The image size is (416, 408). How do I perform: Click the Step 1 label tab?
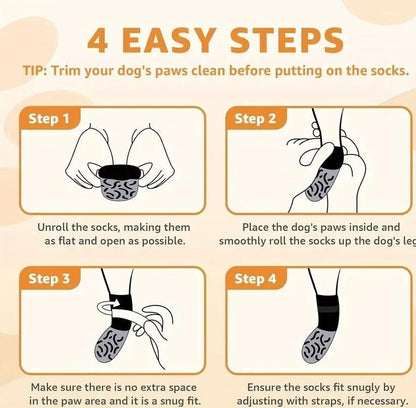pos(49,118)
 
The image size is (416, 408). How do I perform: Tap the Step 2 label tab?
pos(256,118)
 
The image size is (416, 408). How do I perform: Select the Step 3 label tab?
pos(49,278)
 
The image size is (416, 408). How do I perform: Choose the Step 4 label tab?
pos(256,278)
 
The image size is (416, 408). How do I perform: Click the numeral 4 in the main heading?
pos(98,41)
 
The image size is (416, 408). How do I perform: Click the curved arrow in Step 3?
pos(109,306)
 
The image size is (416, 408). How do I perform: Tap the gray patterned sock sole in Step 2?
pos(319,184)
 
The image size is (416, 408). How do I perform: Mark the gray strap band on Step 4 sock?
pos(328,309)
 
